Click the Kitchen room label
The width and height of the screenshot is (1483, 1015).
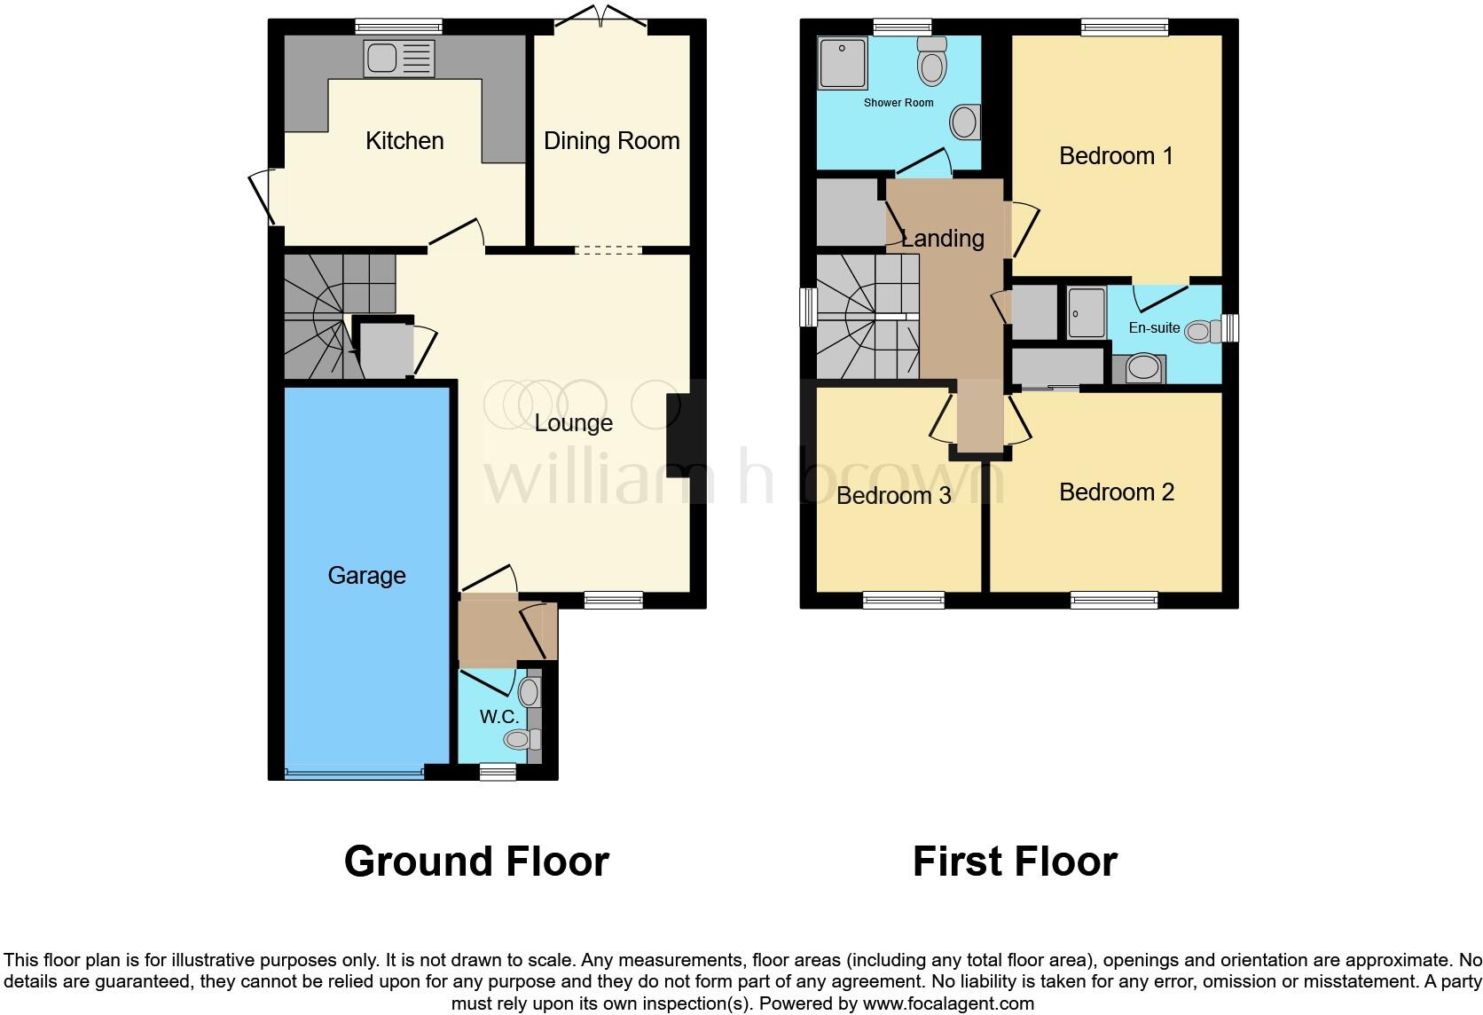tap(404, 141)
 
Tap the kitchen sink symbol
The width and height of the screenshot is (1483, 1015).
tap(399, 59)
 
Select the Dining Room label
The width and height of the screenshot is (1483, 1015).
tap(611, 141)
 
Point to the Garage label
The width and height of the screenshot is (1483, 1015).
tap(366, 576)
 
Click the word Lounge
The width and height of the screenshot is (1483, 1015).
tap(573, 423)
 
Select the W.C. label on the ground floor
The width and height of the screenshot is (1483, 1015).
tap(498, 717)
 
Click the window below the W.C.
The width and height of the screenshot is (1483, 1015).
tap(498, 773)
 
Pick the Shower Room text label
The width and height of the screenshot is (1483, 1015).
tap(898, 103)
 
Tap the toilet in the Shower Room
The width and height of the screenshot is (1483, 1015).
tap(932, 62)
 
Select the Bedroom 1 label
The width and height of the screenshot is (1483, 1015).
tap(1116, 156)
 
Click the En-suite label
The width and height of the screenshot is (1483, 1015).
tap(1154, 328)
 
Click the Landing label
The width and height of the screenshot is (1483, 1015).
tap(942, 239)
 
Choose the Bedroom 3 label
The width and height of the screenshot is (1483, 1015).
tap(893, 495)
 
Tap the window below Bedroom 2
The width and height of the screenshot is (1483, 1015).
tap(1114, 601)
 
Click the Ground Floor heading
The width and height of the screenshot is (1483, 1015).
tap(476, 862)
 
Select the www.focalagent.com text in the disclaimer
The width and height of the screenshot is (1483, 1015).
tap(949, 1004)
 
